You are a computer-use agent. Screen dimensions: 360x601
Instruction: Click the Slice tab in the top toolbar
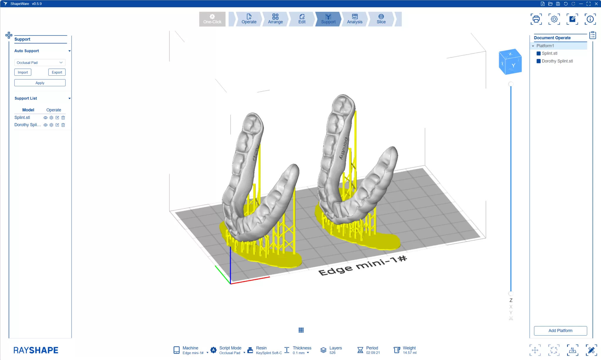(381, 19)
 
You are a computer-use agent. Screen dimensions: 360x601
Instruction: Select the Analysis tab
(354, 19)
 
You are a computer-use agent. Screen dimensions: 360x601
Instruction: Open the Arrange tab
(275, 19)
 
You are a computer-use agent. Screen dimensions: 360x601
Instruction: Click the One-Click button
(212, 19)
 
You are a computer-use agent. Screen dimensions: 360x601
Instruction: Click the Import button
(23, 72)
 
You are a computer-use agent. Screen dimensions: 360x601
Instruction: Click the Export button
(57, 72)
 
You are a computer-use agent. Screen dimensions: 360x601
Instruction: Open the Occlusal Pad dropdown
(40, 62)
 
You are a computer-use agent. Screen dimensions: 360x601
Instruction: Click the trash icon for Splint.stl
(63, 118)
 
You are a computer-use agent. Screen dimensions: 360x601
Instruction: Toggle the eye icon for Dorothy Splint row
(45, 125)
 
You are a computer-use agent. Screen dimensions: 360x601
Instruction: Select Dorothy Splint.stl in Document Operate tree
(557, 61)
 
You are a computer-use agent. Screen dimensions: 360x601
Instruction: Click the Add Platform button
(560, 330)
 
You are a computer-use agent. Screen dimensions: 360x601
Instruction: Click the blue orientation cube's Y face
(513, 65)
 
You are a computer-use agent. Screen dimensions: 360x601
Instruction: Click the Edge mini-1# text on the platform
(362, 266)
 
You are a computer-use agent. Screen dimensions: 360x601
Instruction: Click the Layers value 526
(332, 353)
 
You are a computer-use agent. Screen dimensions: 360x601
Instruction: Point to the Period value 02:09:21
(373, 353)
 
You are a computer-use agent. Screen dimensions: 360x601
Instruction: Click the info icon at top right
(590, 19)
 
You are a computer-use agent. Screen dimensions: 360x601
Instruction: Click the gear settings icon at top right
(554, 19)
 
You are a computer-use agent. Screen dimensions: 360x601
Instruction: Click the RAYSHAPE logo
(36, 350)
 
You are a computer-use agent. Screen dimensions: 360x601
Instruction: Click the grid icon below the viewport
(301, 330)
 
